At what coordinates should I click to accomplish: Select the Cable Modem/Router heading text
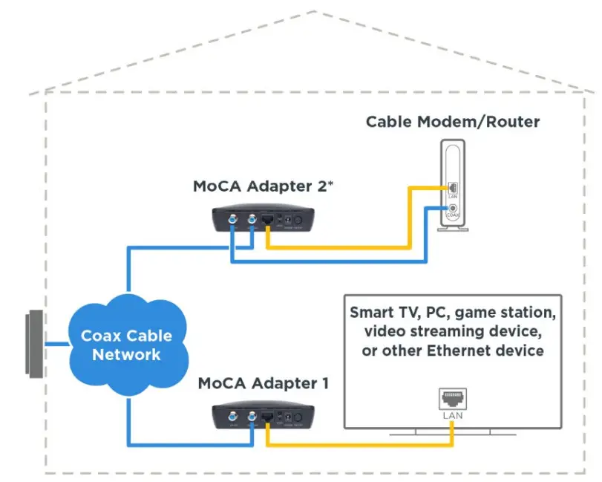coord(453,121)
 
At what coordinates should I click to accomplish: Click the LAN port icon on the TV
coord(452,400)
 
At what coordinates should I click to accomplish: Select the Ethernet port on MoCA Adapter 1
coord(268,417)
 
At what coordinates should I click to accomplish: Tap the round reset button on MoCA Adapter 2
coord(298,221)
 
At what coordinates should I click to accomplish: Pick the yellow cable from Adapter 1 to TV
coord(356,445)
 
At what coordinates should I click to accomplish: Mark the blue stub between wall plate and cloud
coord(56,345)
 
